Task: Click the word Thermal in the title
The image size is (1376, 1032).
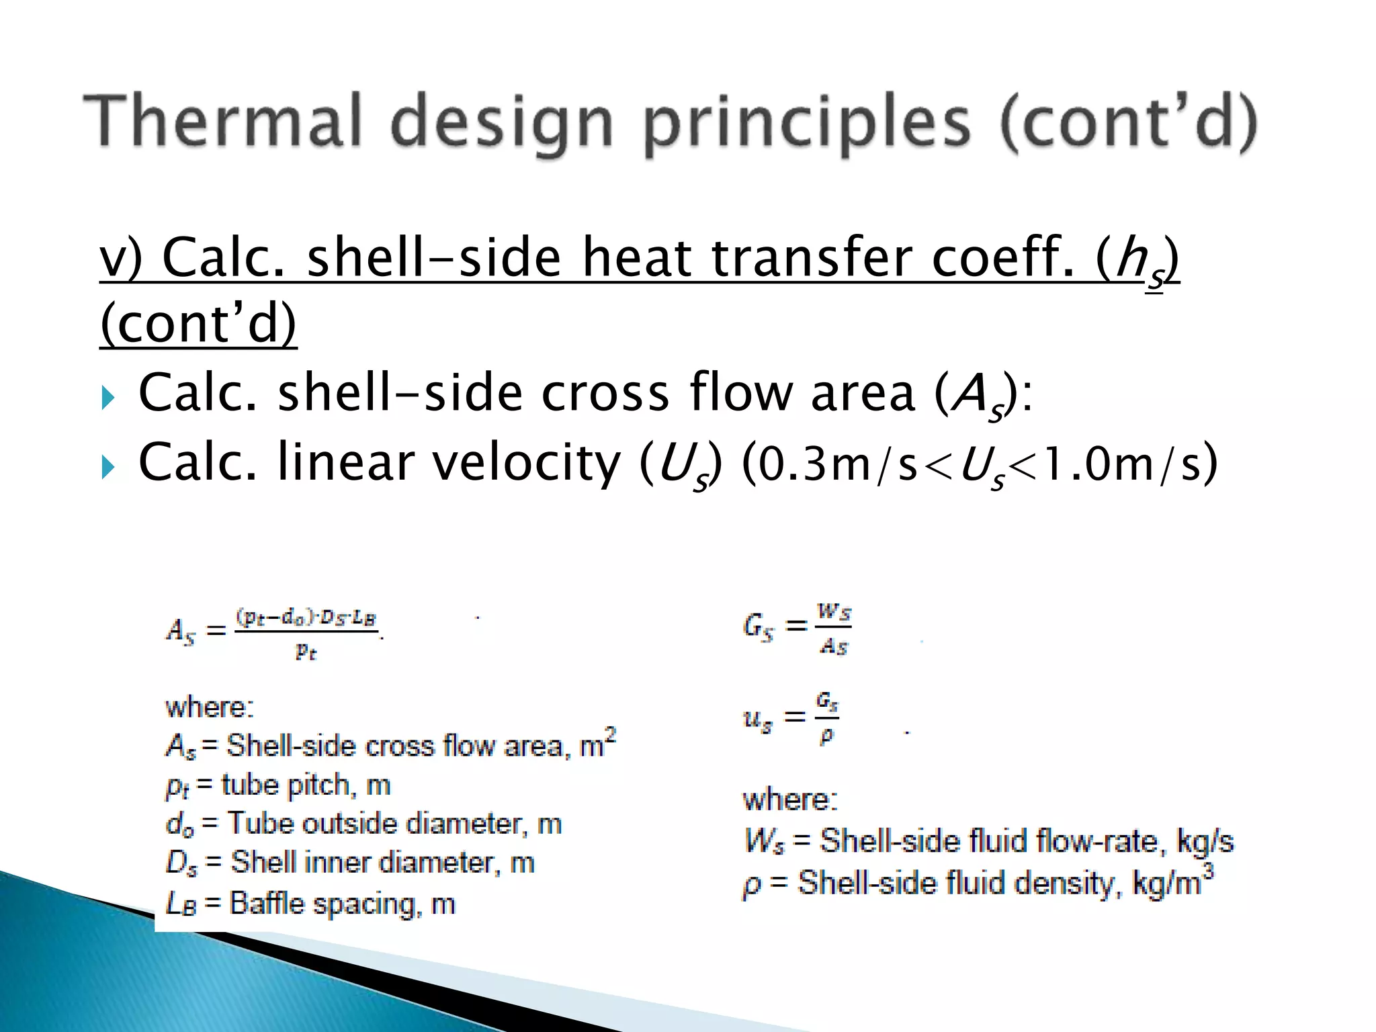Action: pos(222,121)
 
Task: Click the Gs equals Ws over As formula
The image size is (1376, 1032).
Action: pos(798,629)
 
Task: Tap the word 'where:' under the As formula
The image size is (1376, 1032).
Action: pos(210,707)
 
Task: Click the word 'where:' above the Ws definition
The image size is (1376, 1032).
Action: pos(789,800)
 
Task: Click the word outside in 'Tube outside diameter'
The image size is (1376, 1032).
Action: pos(349,824)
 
